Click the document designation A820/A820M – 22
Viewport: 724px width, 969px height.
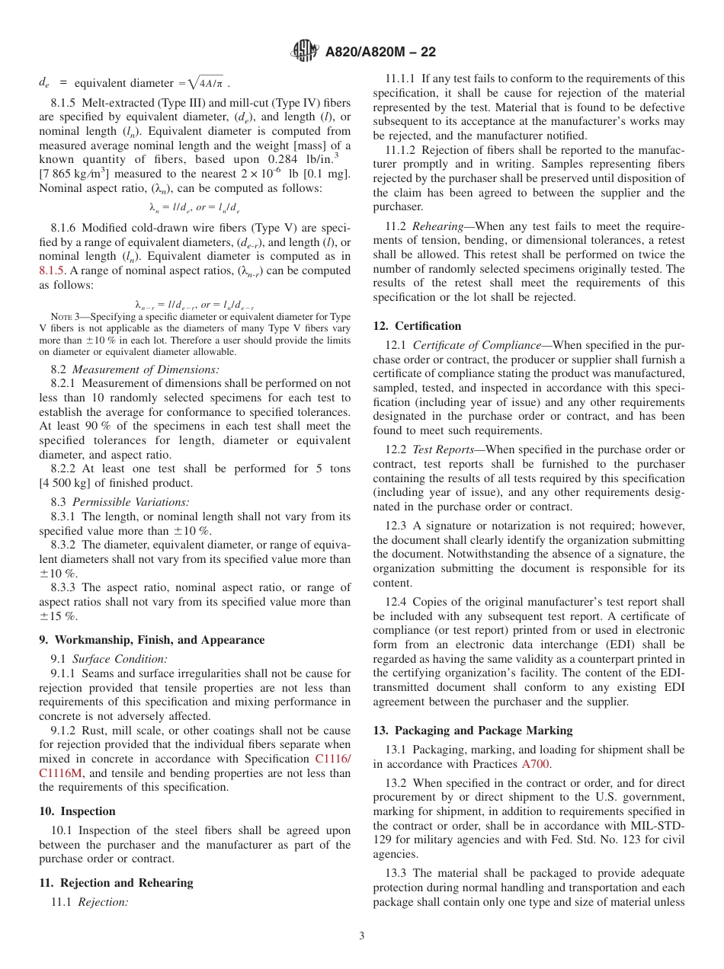click(x=380, y=53)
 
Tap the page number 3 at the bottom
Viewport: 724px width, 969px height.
click(x=361, y=936)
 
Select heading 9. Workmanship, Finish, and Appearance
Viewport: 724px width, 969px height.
click(x=152, y=640)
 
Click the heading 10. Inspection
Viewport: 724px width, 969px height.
click(x=77, y=811)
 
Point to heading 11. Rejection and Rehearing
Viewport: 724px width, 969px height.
click(x=116, y=883)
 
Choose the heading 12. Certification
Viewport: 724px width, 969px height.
click(x=417, y=325)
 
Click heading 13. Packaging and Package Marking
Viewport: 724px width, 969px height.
click(x=473, y=730)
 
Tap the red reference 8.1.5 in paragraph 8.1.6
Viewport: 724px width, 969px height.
click(x=52, y=270)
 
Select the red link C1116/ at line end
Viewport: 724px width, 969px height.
click(x=332, y=759)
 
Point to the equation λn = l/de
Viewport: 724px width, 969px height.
click(x=194, y=207)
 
